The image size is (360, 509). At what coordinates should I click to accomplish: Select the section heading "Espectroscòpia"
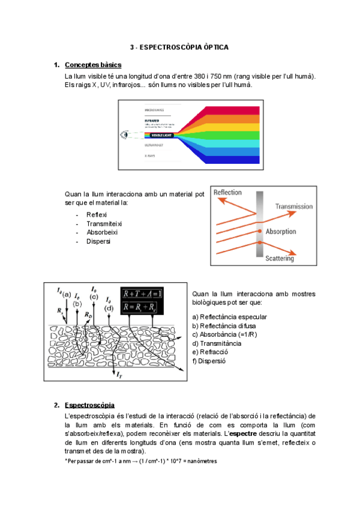[89, 405]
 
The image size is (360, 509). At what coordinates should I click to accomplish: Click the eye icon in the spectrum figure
[125, 135]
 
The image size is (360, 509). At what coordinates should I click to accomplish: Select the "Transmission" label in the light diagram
[294, 206]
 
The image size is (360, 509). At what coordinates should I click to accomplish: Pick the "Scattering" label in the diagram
[280, 259]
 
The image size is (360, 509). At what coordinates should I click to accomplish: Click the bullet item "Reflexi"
[97, 215]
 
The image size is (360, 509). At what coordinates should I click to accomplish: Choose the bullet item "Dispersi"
[98, 241]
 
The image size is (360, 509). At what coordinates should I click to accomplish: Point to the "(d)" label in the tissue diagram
[109, 308]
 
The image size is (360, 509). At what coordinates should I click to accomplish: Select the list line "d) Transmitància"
[217, 343]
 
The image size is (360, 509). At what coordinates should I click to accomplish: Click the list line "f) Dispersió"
[209, 361]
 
